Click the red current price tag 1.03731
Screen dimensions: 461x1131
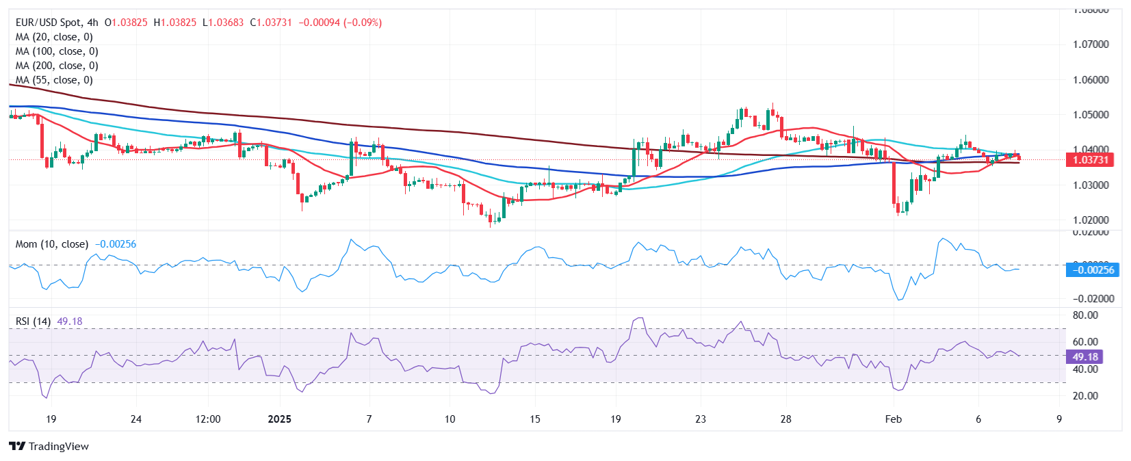click(1091, 160)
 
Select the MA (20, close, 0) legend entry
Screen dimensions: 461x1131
click(54, 37)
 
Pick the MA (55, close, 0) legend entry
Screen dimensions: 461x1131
click(54, 80)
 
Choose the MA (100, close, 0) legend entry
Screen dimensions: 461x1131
click(57, 51)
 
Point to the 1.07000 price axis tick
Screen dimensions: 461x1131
click(1091, 44)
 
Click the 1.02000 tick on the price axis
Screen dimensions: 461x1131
click(1091, 220)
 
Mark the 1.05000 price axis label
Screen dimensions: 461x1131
click(1091, 115)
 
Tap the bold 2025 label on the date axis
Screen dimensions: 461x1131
click(279, 419)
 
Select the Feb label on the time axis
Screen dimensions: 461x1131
click(893, 419)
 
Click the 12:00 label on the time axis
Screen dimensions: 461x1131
click(208, 419)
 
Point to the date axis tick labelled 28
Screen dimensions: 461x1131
click(785, 419)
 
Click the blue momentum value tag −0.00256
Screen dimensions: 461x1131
click(1093, 270)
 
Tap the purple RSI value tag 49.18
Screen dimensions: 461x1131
click(1085, 357)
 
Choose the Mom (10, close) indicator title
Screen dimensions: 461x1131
click(52, 244)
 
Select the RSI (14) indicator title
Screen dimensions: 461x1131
click(33, 321)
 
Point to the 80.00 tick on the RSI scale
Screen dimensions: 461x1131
click(1085, 315)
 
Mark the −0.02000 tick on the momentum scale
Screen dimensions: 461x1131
click(1093, 299)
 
